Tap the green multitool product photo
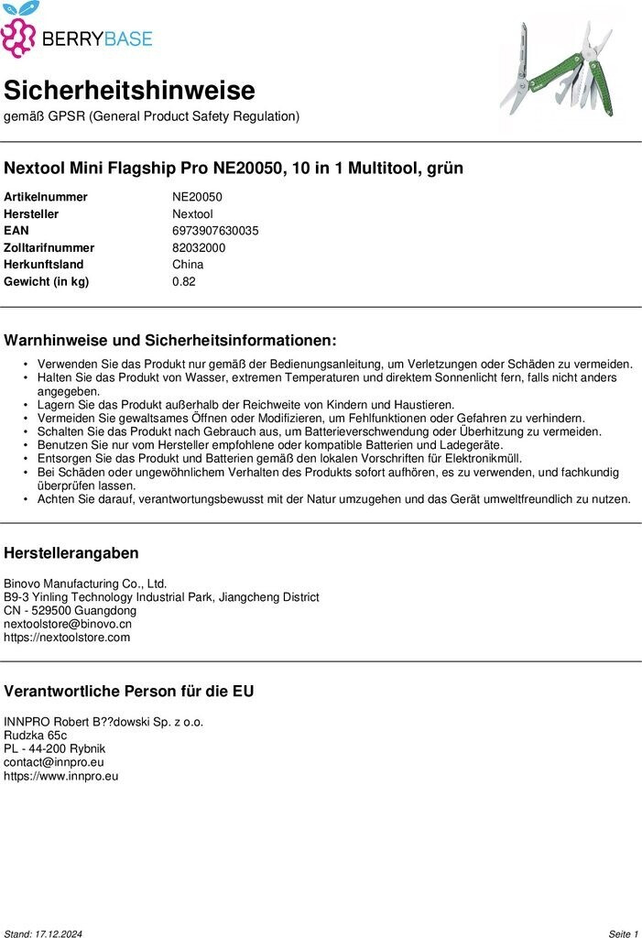tap(558, 71)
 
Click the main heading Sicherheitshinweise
tap(129, 91)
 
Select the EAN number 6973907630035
tap(215, 231)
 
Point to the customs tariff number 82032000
tap(199, 247)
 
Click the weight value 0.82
tap(184, 281)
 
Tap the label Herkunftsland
tap(43, 265)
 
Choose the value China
tap(188, 265)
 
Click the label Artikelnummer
tap(46, 197)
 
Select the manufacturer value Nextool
tap(192, 213)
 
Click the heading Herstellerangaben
tap(71, 553)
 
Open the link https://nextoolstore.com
tap(67, 638)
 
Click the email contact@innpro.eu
tap(54, 762)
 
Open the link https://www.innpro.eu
tap(61, 776)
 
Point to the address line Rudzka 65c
tap(35, 735)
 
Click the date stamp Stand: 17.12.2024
tap(43, 933)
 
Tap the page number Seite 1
tap(623, 933)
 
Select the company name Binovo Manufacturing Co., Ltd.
tap(85, 584)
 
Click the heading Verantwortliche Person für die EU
tap(129, 692)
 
